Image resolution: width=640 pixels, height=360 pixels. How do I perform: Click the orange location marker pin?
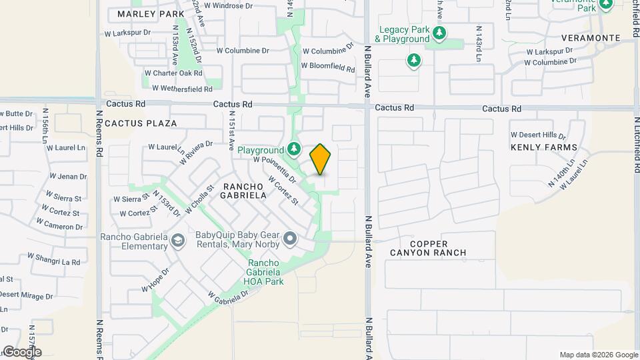point(321,159)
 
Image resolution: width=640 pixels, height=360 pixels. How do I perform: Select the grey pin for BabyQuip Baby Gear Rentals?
point(289,238)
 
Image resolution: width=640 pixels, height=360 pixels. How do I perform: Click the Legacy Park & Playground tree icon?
point(438,33)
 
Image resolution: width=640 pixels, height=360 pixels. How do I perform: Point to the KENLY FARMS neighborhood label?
point(544,147)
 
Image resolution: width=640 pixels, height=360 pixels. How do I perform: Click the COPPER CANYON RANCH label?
point(437,248)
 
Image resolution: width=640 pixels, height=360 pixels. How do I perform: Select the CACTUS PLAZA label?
point(141,123)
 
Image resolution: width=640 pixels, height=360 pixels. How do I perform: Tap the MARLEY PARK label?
point(151,14)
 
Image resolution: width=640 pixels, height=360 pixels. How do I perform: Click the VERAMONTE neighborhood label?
point(591,38)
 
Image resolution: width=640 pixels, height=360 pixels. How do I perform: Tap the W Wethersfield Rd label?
point(182,88)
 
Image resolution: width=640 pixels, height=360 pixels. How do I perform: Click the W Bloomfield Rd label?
point(327,67)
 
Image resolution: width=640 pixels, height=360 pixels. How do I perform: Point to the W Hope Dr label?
point(155,280)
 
